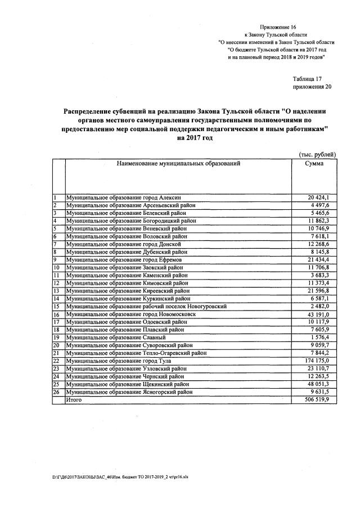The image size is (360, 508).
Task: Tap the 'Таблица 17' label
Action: [x=307, y=79]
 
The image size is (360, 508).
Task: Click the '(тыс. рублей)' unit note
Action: [x=317, y=154]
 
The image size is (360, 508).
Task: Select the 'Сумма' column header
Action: [x=314, y=163]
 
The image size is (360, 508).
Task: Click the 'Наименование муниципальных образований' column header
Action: [x=178, y=163]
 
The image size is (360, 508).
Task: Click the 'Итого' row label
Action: [x=74, y=399]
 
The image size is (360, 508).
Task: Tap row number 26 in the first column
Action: [x=56, y=392]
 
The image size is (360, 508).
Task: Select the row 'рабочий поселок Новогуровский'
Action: [x=146, y=307]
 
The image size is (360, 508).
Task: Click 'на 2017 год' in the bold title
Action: [x=195, y=138]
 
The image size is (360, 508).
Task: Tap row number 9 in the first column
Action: [x=55, y=260]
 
